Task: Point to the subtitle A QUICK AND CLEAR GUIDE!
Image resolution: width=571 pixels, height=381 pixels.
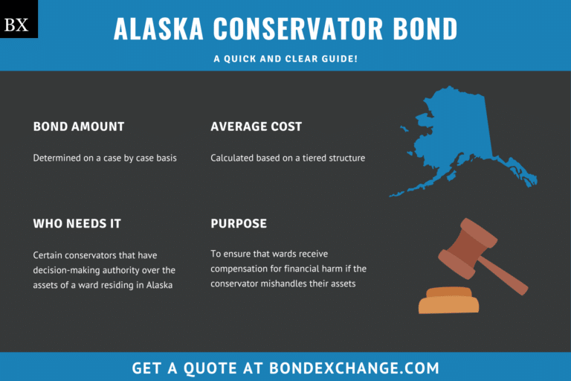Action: [x=285, y=58]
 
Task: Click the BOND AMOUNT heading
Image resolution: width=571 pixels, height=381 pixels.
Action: [x=79, y=127]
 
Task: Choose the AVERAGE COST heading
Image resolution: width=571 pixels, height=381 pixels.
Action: [x=256, y=127]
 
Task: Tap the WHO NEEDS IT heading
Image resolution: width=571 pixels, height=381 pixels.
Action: [x=77, y=223]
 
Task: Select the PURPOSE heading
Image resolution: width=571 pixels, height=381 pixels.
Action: [x=239, y=223]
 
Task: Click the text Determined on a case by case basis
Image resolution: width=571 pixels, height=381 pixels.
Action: [x=105, y=158]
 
